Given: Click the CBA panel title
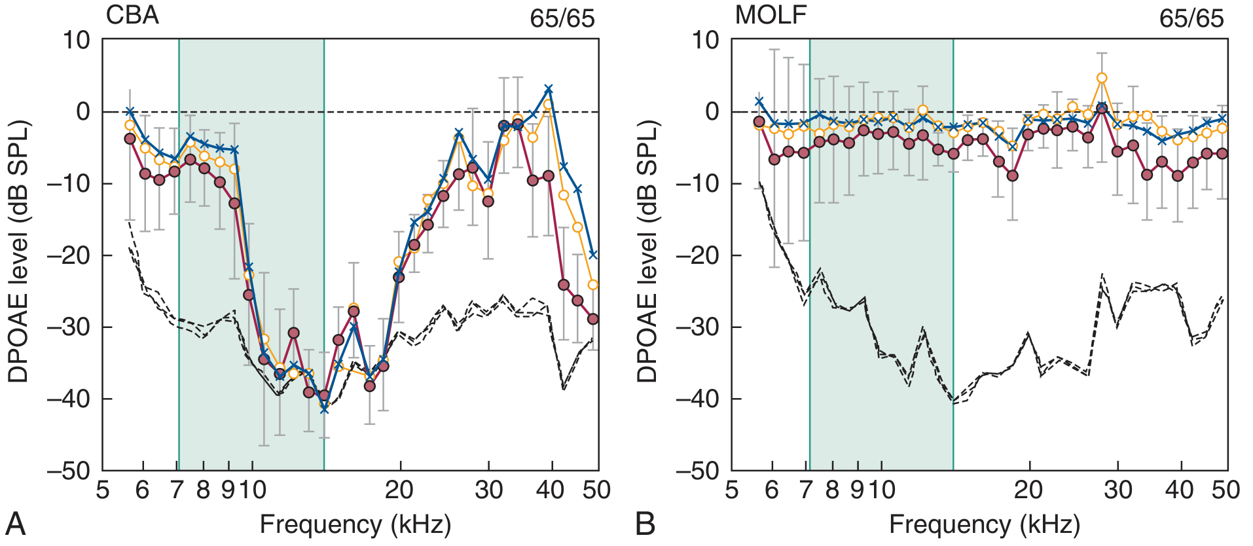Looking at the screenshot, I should [132, 14].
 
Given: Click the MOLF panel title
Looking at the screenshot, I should [771, 14].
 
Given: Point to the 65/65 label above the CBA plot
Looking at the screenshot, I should [562, 18].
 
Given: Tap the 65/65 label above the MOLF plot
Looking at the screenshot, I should [1191, 18].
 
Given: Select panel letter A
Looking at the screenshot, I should [16, 524].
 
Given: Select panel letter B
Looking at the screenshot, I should [645, 524].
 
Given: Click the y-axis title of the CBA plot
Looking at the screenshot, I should [18, 252].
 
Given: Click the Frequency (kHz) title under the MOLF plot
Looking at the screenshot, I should [984, 524].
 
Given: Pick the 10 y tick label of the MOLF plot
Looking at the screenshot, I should [704, 40].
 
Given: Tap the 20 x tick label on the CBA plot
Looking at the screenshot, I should [399, 490].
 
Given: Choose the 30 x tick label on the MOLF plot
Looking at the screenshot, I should [1117, 490].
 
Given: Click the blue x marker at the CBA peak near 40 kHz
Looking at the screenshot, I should [549, 88].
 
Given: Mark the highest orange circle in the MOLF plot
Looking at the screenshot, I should [1102, 78].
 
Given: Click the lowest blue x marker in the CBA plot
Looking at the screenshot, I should [324, 409].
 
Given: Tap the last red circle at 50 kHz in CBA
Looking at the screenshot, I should [593, 319].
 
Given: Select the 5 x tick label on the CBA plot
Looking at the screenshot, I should [103, 490].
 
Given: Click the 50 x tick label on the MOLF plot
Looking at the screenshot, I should [1226, 490].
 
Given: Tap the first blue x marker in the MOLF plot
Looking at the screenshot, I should [759, 101].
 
